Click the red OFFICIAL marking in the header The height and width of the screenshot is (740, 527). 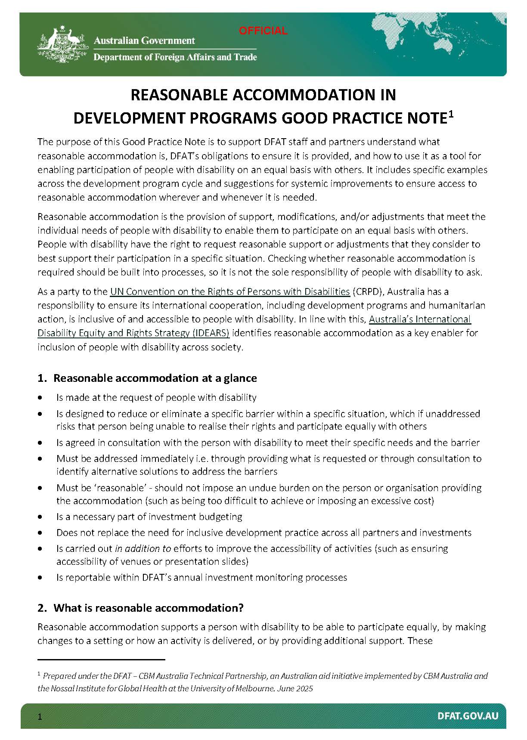pos(263,31)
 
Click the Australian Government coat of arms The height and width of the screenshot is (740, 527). pos(63,45)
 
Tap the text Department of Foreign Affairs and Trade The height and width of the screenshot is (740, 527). pos(175,57)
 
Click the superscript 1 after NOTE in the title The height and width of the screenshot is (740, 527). pos(451,114)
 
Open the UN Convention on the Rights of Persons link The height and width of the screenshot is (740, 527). pos(229,291)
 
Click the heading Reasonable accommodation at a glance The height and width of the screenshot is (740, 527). pos(155,378)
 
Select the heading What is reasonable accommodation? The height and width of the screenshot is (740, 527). pos(148,608)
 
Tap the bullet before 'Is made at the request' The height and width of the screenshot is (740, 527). pos(40,397)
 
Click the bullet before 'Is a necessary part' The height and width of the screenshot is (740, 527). pos(40,517)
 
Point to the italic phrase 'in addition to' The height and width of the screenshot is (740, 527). pos(143,548)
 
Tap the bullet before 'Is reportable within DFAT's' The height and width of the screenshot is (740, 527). pos(40,577)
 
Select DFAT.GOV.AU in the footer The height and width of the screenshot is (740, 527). pos(468,716)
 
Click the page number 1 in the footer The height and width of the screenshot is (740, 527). pos(40,717)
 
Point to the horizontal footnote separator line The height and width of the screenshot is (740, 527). pos(101,659)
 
